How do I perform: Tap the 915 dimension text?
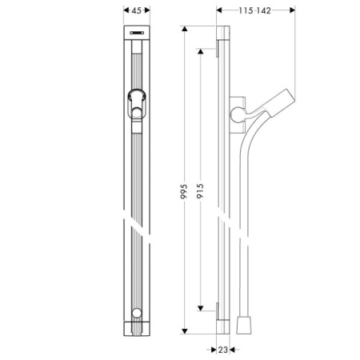tap(200, 193)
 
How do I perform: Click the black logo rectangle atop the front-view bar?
tap(135, 33)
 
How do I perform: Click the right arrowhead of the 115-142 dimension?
tap(292, 11)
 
